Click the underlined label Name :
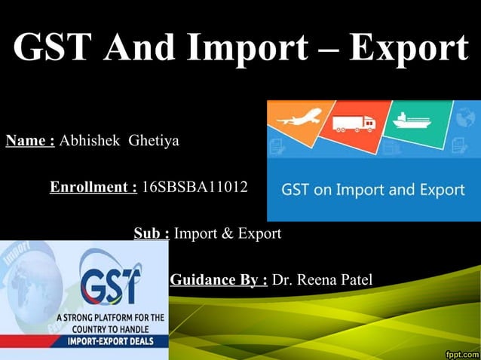click(30, 140)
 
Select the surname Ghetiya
click(154, 140)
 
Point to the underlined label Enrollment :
click(93, 186)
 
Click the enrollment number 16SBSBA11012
click(195, 186)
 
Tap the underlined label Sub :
click(152, 233)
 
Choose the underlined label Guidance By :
click(219, 281)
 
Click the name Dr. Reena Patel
click(322, 281)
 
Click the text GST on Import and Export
click(372, 189)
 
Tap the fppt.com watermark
click(461, 352)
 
